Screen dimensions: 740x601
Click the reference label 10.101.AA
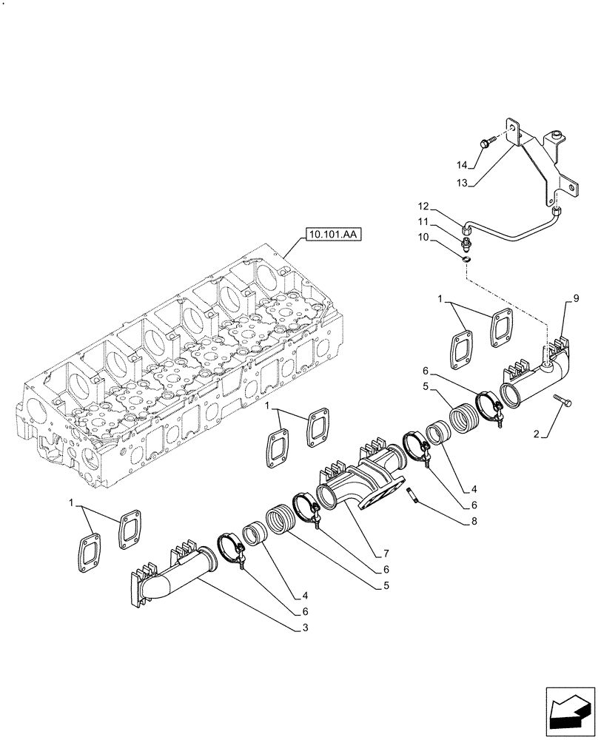tap(333, 236)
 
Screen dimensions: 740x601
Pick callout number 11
tap(443, 221)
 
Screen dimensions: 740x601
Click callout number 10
tap(443, 237)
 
